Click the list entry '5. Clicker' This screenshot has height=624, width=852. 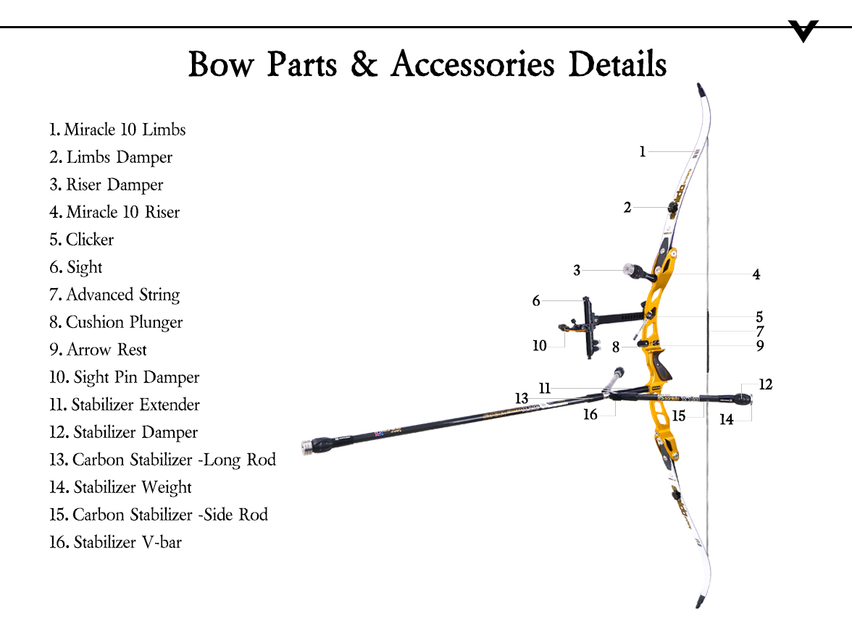pos(82,240)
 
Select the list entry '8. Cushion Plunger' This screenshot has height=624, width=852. pos(116,322)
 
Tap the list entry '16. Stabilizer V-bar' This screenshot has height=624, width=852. pos(115,542)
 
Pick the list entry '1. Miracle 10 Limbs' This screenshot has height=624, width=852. pos(117,130)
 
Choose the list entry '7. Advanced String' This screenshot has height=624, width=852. pos(114,295)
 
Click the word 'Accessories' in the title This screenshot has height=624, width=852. pos(473,64)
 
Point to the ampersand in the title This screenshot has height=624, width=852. pos(364,64)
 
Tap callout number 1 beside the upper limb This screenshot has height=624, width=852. pos(642,152)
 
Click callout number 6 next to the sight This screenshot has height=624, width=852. pos(536,300)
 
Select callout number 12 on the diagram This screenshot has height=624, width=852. pos(766,384)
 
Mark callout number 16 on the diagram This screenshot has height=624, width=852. pos(590,414)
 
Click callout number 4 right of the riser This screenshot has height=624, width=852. pos(756,274)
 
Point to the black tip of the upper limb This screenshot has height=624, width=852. pos(701,90)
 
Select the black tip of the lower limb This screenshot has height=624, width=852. pos(700,601)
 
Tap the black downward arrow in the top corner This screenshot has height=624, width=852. pos(803,31)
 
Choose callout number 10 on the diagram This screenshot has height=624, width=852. pos(540,346)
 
